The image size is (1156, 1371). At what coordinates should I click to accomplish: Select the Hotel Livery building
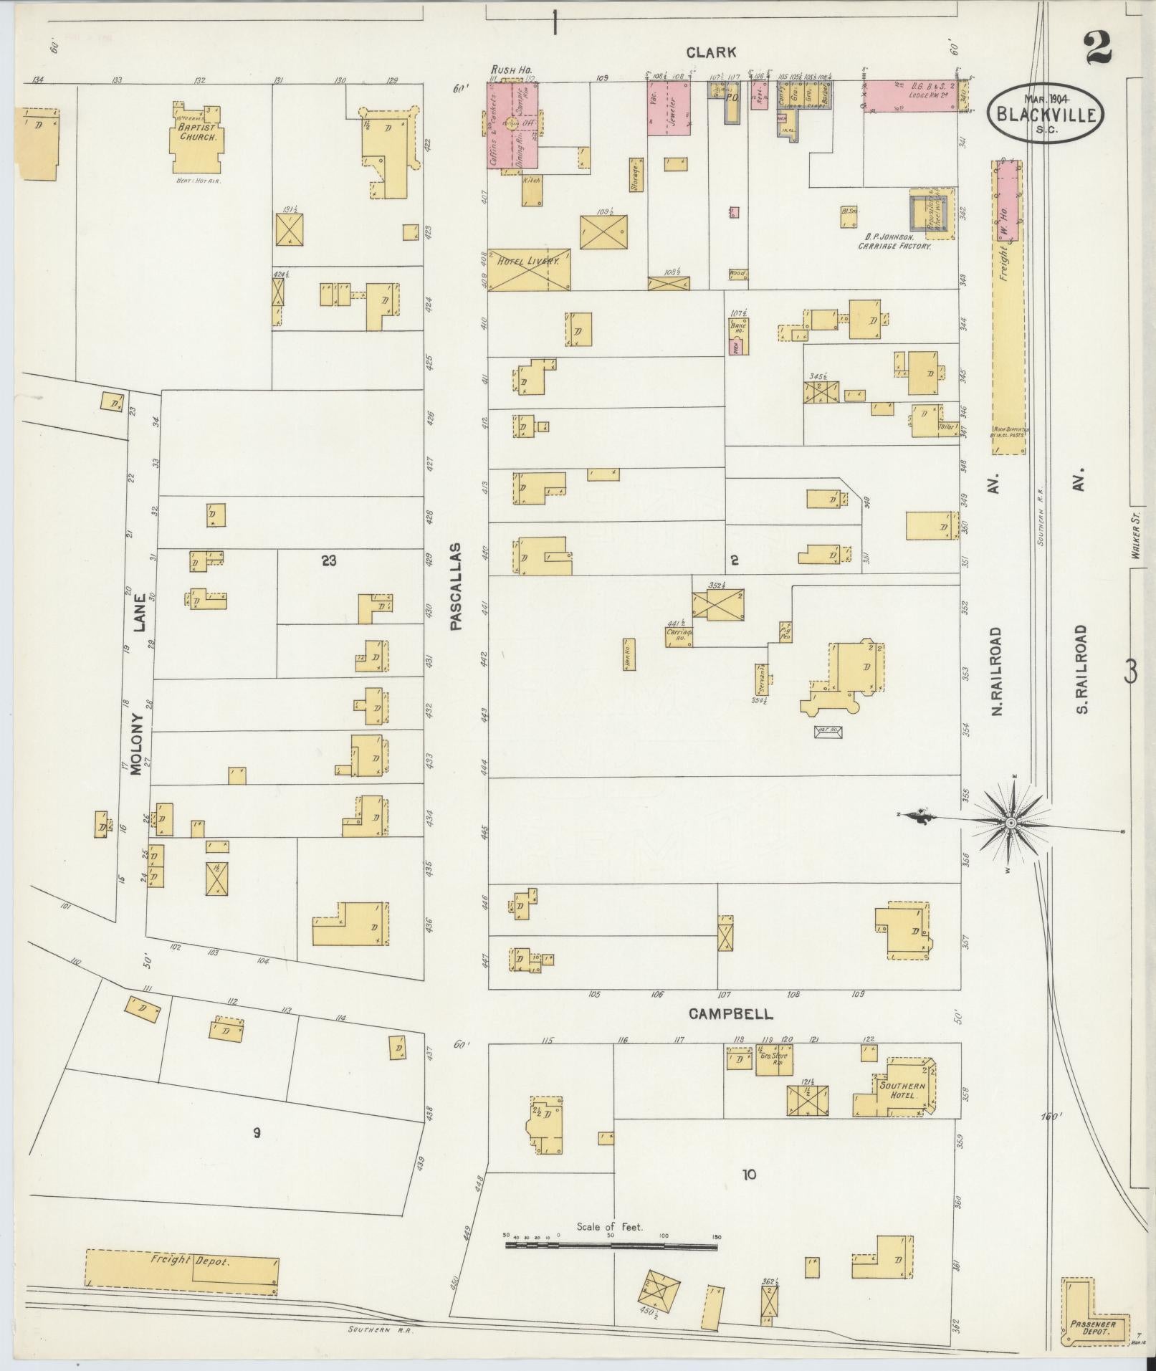[x=529, y=269]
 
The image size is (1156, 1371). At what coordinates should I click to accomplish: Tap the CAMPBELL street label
[x=730, y=1013]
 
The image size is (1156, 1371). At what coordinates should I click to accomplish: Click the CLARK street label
[x=711, y=52]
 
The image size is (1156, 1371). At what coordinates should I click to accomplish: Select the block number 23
[x=328, y=560]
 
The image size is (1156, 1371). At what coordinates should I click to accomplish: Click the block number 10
[x=749, y=1174]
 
